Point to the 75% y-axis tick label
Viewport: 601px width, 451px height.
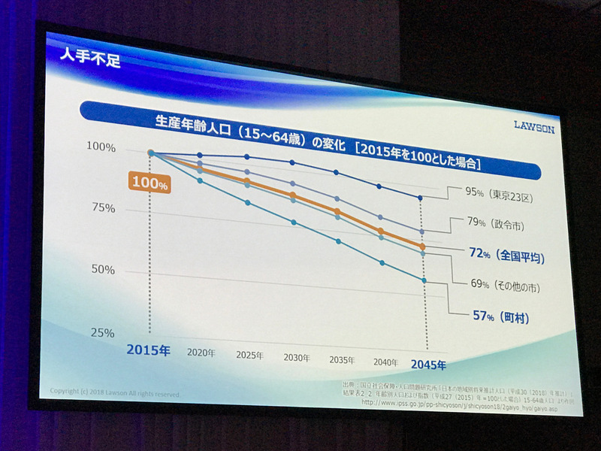pos(103,208)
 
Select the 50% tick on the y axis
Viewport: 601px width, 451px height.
pos(103,270)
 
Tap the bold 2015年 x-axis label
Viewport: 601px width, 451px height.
pos(149,350)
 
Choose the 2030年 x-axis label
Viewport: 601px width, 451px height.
pos(297,358)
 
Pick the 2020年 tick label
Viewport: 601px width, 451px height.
pos(201,353)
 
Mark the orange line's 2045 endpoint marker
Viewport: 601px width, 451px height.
pos(423,247)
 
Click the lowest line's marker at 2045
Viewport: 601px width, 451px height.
pos(424,280)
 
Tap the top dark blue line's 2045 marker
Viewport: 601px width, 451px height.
pos(421,198)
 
